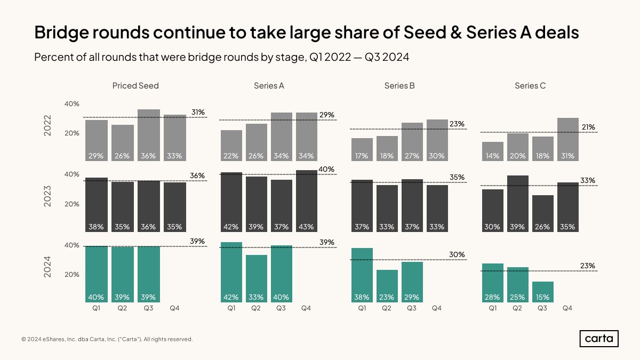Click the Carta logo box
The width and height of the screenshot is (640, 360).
(599, 339)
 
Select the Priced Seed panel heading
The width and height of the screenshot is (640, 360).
(135, 85)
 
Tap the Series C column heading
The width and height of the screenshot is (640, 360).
(530, 85)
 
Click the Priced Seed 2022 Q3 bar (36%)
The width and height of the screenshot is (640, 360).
(149, 135)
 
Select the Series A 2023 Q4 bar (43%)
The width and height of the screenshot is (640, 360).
(306, 201)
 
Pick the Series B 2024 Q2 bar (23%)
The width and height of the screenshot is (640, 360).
(387, 286)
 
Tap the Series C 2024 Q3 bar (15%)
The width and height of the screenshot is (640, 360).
(542, 292)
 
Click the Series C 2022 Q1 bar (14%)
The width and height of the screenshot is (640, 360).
(492, 151)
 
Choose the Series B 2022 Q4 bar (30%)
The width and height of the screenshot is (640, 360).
(437, 140)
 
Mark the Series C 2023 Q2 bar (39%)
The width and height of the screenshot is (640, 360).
(517, 203)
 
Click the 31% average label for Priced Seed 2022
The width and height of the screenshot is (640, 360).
(198, 113)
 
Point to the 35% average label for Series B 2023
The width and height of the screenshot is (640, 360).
(457, 178)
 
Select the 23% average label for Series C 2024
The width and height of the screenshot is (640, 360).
(588, 266)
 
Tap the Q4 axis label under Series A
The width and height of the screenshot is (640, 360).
(306, 308)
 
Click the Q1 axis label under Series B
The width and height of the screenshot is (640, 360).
(362, 308)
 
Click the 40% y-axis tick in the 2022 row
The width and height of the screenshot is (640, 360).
(72, 104)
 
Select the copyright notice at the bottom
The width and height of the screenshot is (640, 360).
(107, 339)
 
